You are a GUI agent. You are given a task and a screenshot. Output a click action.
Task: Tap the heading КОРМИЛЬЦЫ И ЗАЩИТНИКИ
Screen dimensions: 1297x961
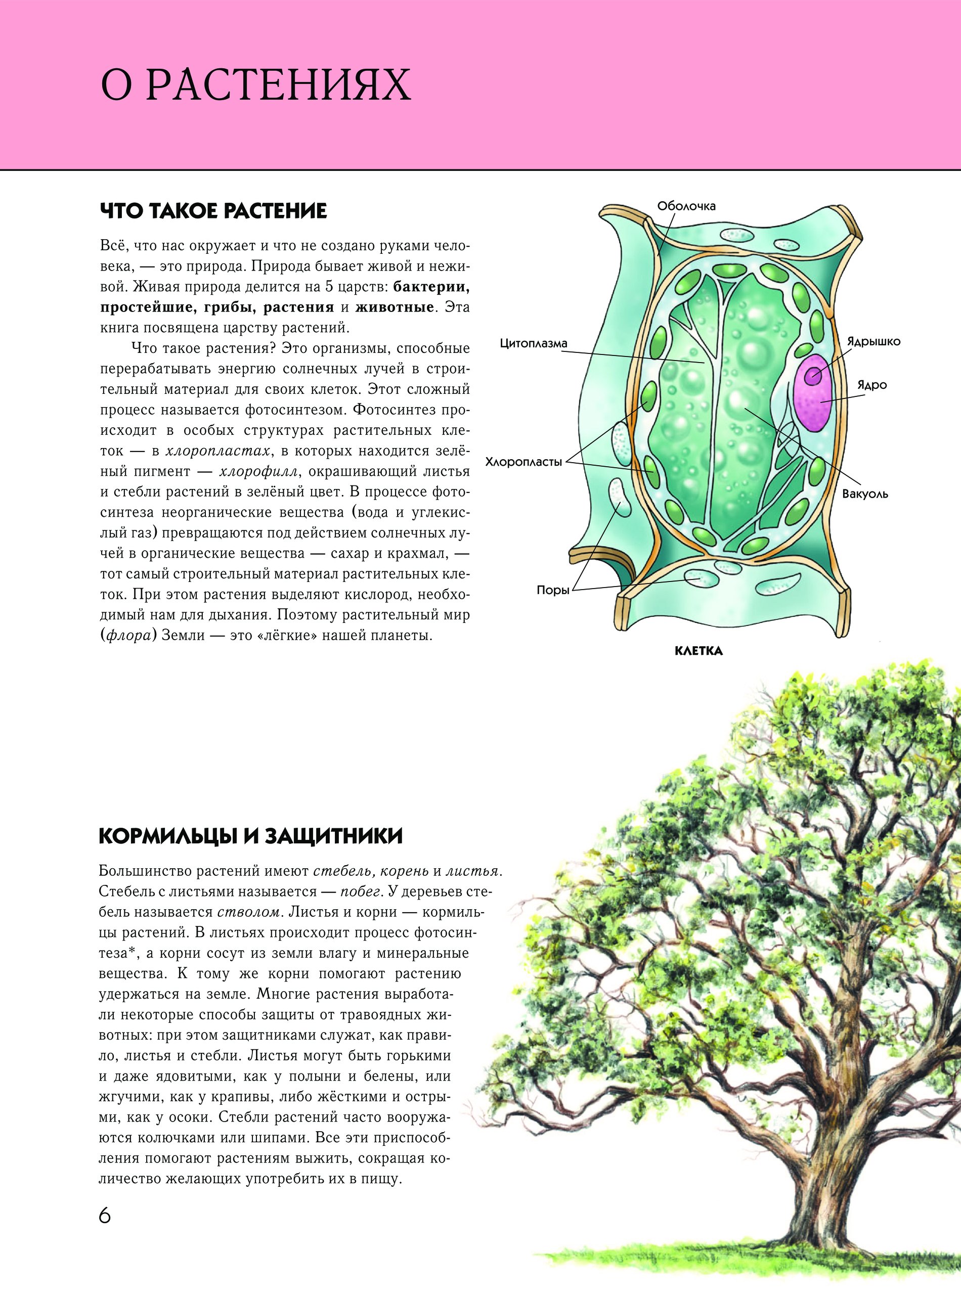[x=251, y=836]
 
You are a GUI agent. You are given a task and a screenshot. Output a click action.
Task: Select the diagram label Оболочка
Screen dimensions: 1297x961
[x=686, y=206]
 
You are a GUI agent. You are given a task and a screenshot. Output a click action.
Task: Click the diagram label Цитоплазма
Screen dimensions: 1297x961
[x=533, y=344]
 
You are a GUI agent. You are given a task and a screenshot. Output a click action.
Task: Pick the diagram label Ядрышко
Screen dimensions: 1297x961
[x=873, y=341]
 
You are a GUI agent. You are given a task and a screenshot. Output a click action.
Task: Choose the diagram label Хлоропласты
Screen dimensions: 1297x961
[x=523, y=462]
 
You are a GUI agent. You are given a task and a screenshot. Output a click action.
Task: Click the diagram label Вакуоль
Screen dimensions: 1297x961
[x=865, y=495]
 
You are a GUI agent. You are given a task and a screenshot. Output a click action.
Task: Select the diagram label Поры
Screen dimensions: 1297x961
[x=552, y=590]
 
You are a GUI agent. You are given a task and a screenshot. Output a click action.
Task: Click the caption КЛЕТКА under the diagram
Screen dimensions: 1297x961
[x=698, y=651]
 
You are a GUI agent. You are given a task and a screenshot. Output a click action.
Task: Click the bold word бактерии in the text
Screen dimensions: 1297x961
[x=431, y=287]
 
